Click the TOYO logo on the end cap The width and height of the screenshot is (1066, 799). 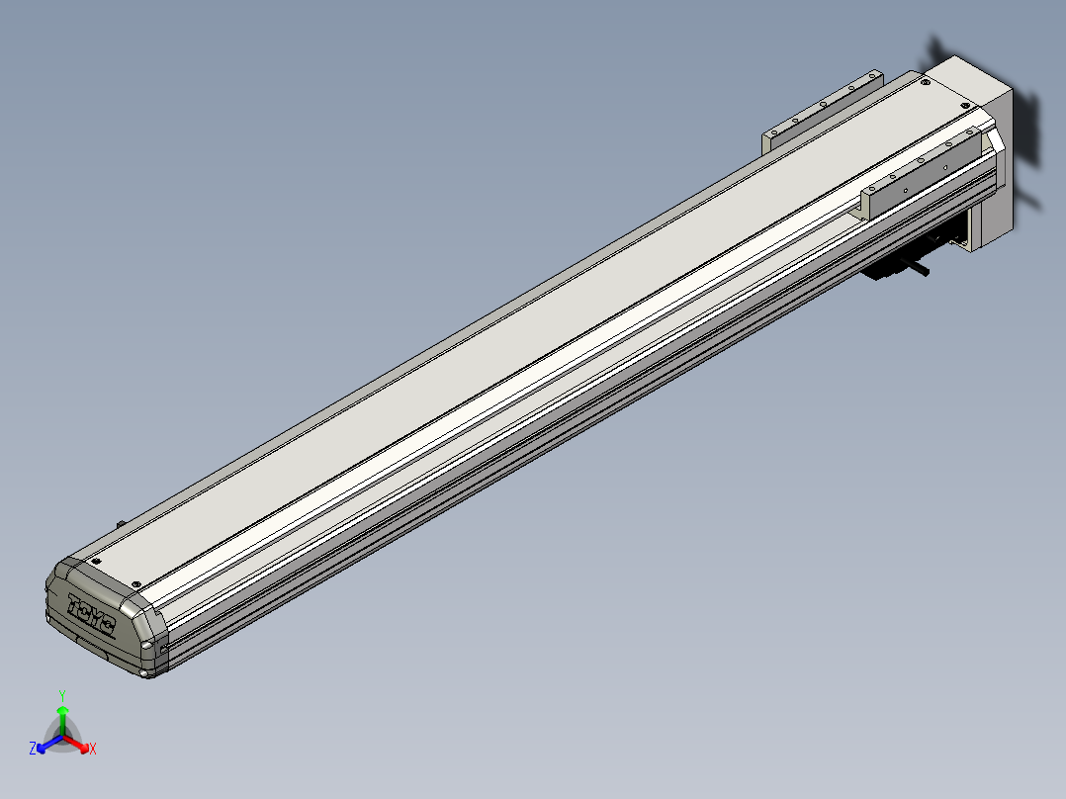pos(91,615)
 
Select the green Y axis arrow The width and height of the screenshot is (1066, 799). pos(62,714)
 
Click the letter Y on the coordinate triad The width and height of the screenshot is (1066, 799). pos(62,695)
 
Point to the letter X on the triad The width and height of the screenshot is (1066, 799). pos(93,750)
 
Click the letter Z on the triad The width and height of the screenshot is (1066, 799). pos(33,750)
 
